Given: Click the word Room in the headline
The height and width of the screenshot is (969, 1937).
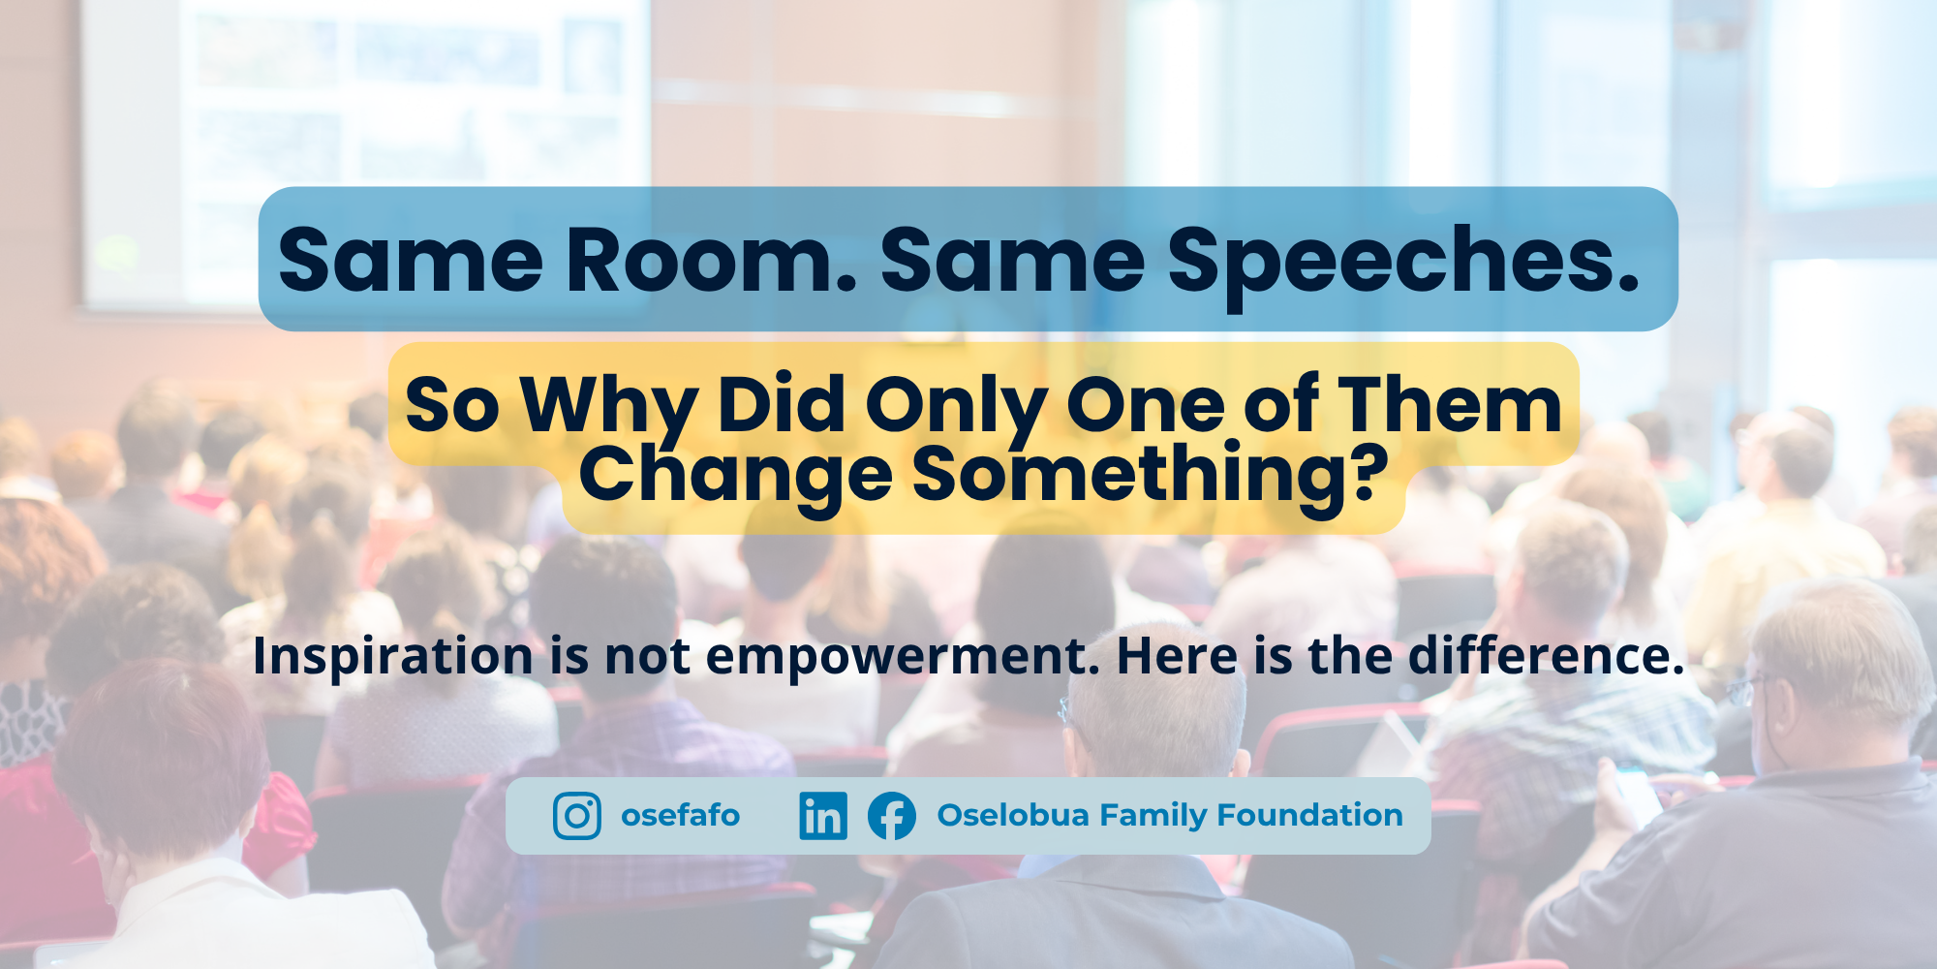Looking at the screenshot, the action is point(711,260).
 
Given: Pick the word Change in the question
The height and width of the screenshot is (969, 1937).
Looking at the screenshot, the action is point(736,478).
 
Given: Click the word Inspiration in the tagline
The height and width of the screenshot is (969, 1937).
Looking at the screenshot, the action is point(392,658).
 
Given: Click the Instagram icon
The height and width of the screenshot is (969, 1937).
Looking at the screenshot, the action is point(577,816).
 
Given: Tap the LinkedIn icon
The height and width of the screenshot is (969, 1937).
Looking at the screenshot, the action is point(823,816).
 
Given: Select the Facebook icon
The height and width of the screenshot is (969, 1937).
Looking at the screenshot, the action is point(892,816).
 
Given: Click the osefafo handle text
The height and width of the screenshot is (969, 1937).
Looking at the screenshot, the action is point(680,816).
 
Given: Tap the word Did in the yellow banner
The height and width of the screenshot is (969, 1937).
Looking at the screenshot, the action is point(782,404).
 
